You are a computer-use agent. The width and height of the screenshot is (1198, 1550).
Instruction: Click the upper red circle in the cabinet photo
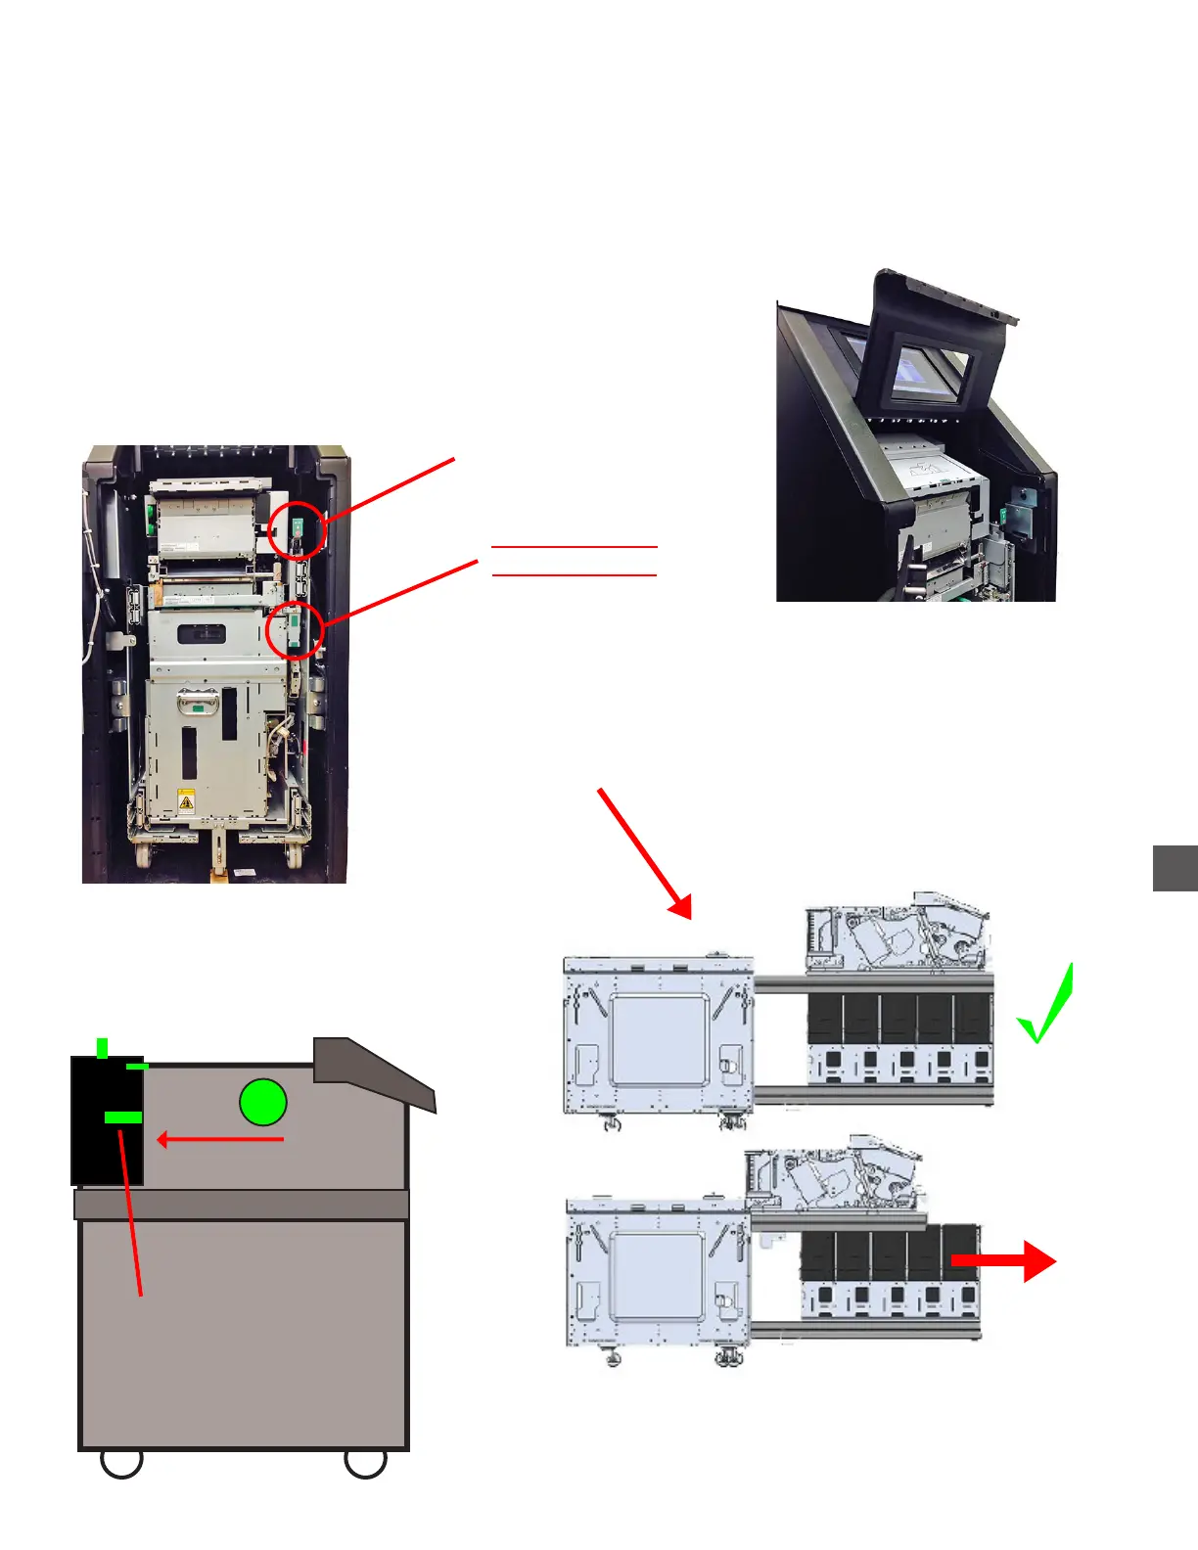297,530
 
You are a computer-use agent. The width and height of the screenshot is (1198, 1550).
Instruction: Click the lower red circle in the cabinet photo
295,629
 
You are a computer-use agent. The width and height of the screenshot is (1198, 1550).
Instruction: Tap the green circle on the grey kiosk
262,1102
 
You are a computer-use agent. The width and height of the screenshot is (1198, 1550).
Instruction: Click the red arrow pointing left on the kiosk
220,1139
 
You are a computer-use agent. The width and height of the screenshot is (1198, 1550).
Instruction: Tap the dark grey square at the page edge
1175,868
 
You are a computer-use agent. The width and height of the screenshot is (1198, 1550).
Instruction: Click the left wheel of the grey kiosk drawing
121,1463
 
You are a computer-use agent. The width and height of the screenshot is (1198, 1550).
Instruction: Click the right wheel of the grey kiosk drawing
365,1463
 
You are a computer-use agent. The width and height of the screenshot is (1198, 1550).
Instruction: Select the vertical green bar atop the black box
102,1048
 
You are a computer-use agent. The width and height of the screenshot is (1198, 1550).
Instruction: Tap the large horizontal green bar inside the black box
123,1117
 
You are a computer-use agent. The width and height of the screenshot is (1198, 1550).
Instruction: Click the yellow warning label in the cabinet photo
186,802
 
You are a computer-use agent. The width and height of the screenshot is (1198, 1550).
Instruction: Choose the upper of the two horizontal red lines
574,547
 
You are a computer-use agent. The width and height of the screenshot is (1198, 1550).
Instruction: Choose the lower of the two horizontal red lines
574,575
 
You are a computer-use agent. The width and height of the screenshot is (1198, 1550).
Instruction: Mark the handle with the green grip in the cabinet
198,701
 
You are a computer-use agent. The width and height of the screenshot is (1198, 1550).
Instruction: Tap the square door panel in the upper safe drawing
659,1039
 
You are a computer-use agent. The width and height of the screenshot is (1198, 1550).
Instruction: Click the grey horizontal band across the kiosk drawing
242,1205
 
